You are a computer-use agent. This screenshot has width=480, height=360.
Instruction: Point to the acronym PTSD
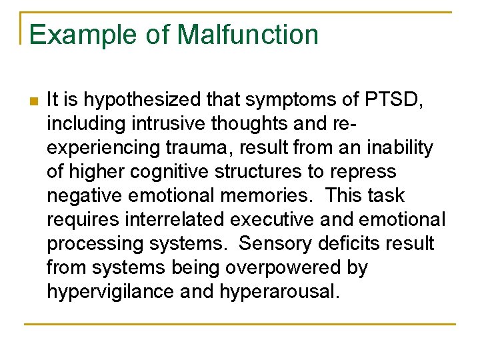pos(398,100)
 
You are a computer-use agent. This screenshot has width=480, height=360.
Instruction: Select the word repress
pos(363,172)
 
